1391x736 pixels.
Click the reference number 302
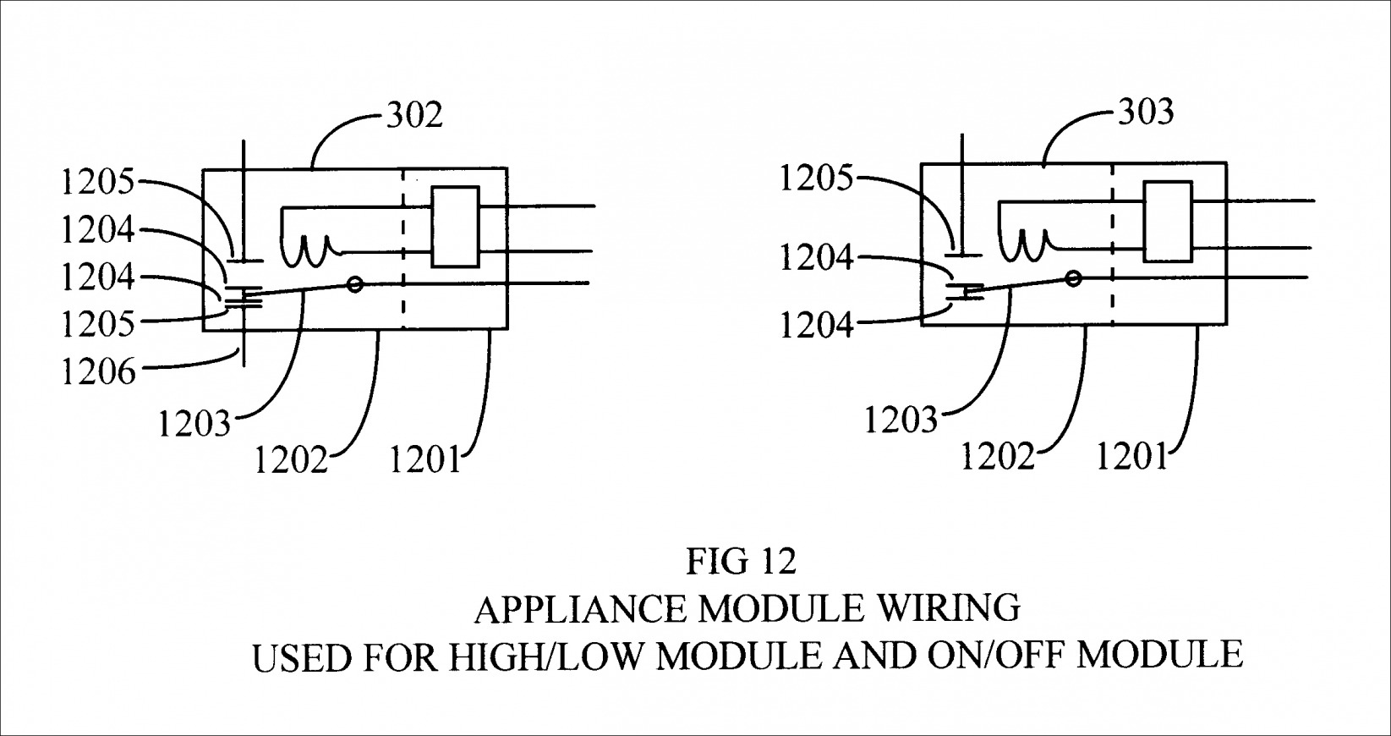click(414, 114)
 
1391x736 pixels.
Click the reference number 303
click(1146, 113)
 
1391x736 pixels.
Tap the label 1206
click(98, 371)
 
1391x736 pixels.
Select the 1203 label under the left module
click(194, 423)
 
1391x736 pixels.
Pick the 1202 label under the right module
click(997, 457)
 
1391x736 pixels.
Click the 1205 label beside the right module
click(816, 179)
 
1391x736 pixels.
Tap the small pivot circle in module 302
click(355, 284)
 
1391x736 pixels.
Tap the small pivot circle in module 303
click(1074, 277)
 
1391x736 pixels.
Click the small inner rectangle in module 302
click(456, 227)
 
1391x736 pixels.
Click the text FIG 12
click(741, 561)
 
